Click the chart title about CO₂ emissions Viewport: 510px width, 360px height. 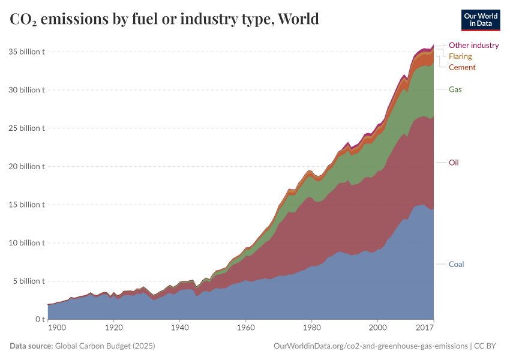[164, 19]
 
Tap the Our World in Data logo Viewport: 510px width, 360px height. [480, 20]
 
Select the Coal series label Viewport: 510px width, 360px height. [457, 265]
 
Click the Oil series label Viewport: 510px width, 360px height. [454, 163]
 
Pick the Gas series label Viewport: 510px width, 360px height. [455, 89]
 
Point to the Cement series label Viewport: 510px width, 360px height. [462, 67]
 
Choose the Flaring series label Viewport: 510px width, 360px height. [460, 56]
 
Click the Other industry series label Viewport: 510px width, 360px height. [474, 45]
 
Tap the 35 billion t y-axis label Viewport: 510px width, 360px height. [26, 52]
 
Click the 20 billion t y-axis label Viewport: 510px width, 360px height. [26, 166]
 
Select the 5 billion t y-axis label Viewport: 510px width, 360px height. [29, 281]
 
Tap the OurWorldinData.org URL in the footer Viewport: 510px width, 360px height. [370, 346]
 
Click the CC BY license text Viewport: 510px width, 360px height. [488, 346]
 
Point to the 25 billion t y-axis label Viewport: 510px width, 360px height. [26, 128]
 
